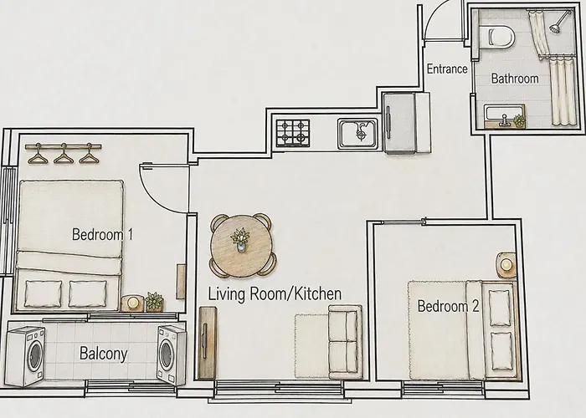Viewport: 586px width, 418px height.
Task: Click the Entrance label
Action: point(447,69)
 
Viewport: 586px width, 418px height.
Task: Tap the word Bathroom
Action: point(515,79)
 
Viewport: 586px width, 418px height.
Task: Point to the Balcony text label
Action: point(104,354)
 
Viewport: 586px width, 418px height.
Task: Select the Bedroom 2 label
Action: point(448,306)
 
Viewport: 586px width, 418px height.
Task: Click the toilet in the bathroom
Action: point(496,37)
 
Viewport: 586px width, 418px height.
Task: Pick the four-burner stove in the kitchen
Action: point(293,133)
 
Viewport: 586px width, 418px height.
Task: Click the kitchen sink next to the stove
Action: point(357,134)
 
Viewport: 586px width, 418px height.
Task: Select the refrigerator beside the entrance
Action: point(407,123)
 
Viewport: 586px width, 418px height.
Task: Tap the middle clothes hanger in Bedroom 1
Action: point(64,154)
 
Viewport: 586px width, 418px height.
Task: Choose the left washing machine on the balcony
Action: point(26,356)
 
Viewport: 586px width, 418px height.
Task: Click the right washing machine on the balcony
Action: point(171,355)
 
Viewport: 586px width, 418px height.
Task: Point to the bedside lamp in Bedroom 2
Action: point(506,265)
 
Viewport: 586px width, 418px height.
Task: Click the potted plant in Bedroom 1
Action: point(154,302)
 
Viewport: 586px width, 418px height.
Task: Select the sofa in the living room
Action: point(345,341)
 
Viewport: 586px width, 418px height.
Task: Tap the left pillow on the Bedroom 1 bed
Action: point(44,293)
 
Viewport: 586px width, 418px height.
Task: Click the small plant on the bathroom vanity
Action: point(519,121)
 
